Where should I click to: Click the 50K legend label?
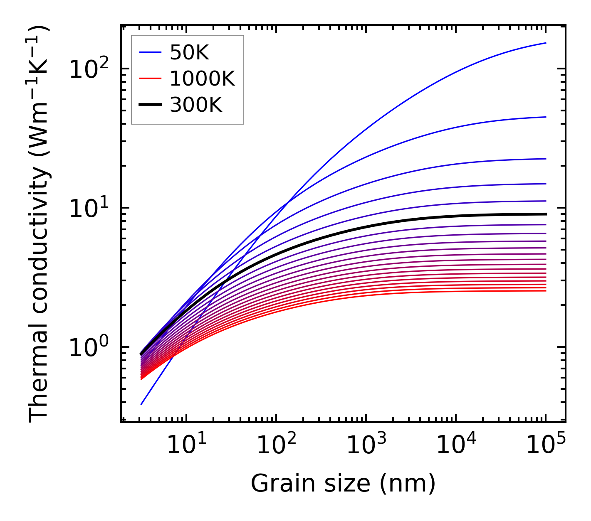(x=189, y=52)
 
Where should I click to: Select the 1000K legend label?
(x=202, y=79)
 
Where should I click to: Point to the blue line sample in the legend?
(x=150, y=52)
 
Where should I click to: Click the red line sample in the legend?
(x=150, y=79)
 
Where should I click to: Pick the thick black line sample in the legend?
(x=150, y=105)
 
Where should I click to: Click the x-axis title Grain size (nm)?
(x=343, y=483)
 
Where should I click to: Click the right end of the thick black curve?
(x=545, y=214)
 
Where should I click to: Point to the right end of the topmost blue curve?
(x=545, y=43)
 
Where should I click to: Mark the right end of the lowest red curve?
(x=545, y=290)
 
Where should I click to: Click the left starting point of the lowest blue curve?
(x=141, y=404)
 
